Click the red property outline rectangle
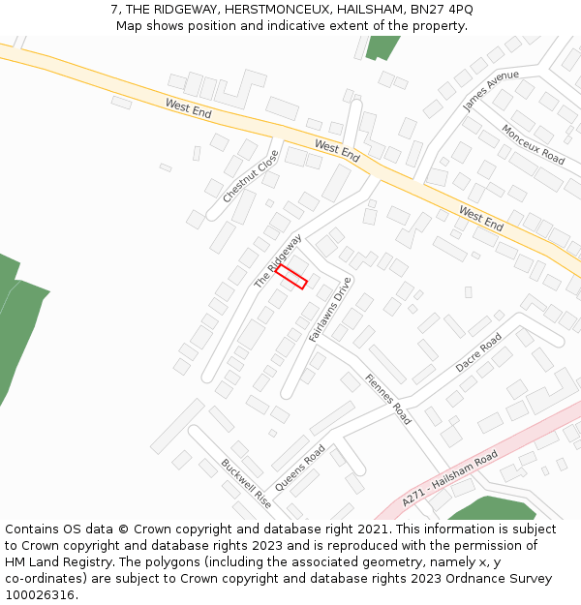point(291,277)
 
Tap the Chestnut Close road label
point(251,176)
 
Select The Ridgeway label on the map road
point(278,260)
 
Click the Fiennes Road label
point(388,399)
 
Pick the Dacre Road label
point(478,353)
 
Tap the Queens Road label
point(300,468)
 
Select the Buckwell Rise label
point(245,484)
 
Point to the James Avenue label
point(490,91)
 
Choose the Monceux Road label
point(533,143)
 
